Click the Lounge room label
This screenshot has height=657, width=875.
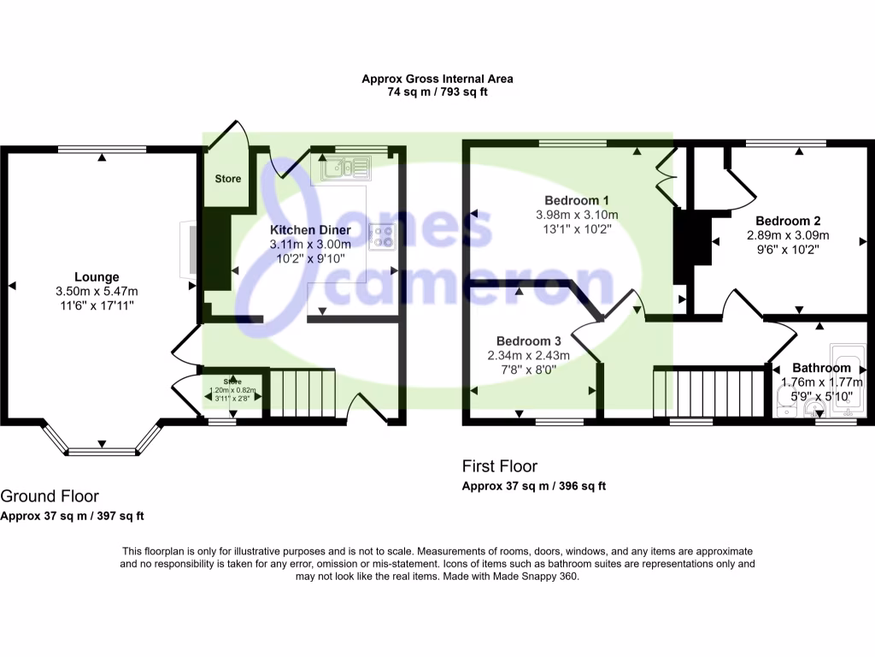(96, 277)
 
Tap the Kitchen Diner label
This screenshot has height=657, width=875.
(308, 230)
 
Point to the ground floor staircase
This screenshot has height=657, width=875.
(299, 393)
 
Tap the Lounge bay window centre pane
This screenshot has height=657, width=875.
(102, 452)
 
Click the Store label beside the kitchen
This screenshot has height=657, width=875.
(227, 179)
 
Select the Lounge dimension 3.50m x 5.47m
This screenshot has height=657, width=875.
(96, 291)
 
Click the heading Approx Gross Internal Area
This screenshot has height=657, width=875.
(437, 79)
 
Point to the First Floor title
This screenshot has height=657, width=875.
(500, 466)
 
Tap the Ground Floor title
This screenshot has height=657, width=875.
(50, 496)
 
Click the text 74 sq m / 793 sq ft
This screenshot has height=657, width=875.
(437, 92)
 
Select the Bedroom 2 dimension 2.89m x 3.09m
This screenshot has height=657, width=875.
(788, 235)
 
